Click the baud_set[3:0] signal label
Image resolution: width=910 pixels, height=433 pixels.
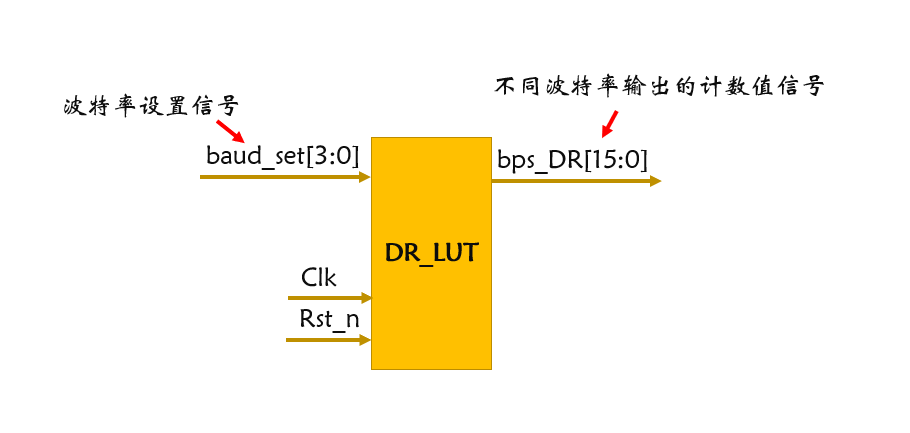click(x=281, y=156)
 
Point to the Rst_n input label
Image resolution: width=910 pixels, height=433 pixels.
click(x=329, y=319)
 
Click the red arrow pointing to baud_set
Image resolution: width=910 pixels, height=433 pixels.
click(x=230, y=131)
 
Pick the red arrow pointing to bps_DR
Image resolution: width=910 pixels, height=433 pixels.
click(x=608, y=124)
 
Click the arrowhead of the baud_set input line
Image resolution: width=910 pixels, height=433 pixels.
click(x=364, y=177)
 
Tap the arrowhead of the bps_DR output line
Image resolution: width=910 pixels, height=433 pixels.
click(x=654, y=181)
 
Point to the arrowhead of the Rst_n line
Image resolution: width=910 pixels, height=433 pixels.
click(x=364, y=340)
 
